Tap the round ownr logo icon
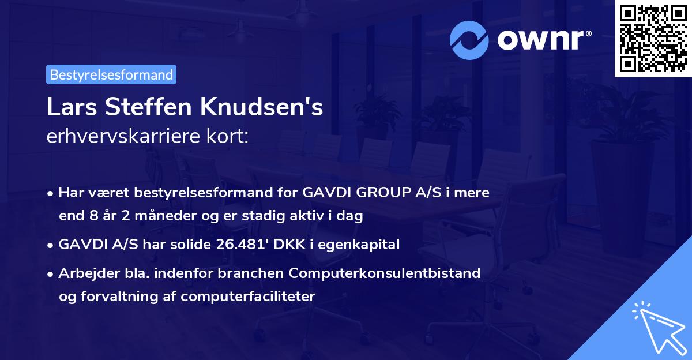469,40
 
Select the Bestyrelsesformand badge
111,74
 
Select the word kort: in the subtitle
230,136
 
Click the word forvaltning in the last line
122,297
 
